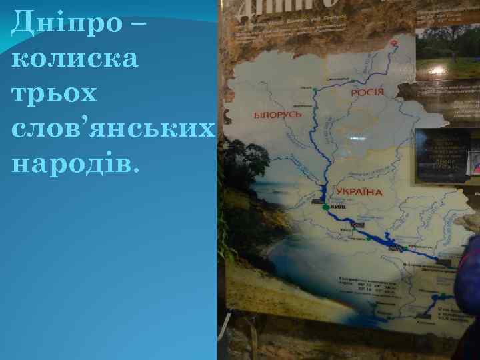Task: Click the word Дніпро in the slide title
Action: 67,25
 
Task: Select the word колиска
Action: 75,59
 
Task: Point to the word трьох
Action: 55,93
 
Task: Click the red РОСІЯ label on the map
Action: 367,91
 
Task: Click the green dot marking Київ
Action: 325,208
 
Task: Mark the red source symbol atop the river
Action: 394,43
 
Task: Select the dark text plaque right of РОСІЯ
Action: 441,155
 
